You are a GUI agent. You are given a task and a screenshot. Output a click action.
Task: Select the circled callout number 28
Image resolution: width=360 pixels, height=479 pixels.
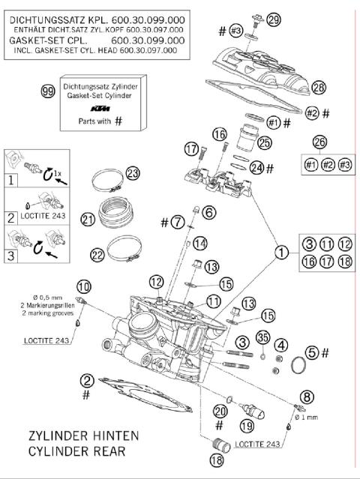click(319, 88)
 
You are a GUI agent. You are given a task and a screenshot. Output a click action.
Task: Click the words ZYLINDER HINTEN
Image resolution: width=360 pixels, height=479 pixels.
click(77, 436)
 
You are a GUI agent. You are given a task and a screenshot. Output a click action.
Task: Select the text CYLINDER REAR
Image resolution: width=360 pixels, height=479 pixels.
click(76, 451)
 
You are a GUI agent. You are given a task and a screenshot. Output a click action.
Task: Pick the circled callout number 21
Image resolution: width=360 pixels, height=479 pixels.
click(88, 220)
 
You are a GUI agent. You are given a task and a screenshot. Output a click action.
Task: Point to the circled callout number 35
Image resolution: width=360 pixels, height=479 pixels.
click(263, 338)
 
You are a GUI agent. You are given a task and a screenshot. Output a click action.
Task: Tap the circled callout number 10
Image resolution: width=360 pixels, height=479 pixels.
click(83, 286)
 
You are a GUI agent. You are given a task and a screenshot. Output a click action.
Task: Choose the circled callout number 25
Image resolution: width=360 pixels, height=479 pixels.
click(264, 142)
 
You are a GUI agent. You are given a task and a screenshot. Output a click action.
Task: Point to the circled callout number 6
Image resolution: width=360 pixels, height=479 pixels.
click(208, 213)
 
